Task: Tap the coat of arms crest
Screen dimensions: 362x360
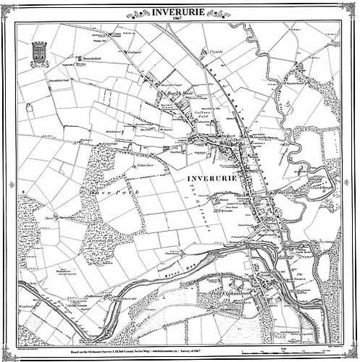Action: [x=38, y=51]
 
